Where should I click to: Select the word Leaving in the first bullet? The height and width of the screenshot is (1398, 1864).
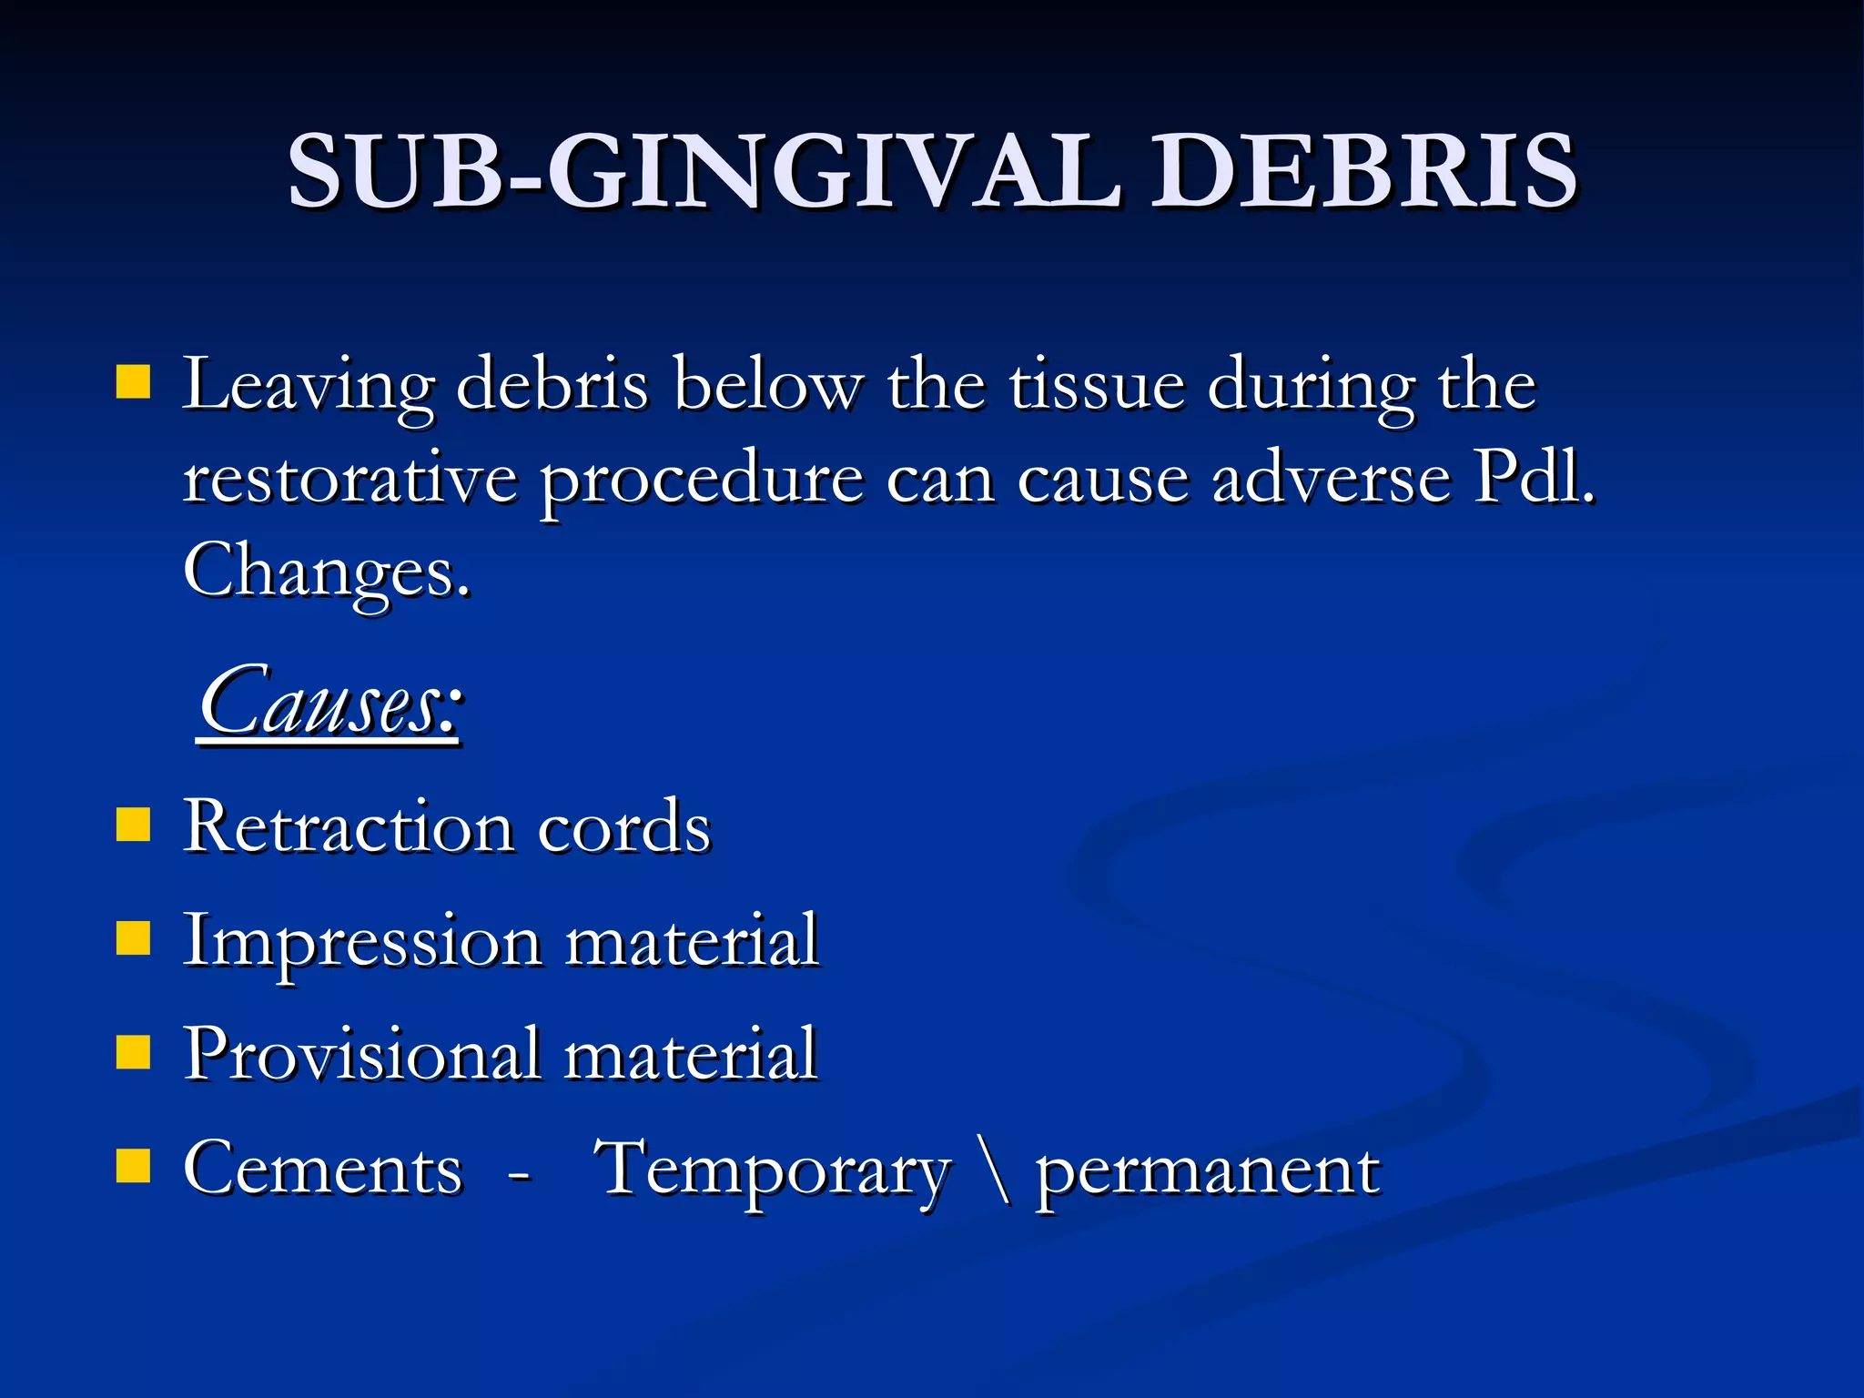(308, 386)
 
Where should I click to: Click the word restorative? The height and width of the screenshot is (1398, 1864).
(349, 479)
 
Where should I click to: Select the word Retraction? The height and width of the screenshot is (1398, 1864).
(348, 826)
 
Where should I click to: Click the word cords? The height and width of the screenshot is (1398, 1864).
(623, 828)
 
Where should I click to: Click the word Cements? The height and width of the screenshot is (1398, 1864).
(322, 1169)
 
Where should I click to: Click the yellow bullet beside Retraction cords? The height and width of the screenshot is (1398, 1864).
(134, 825)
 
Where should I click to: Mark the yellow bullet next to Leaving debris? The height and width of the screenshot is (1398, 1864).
(134, 383)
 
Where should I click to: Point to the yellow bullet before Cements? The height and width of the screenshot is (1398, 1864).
(134, 1166)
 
